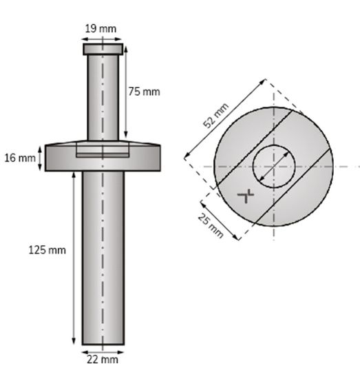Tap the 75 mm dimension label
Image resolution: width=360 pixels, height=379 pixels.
point(144,92)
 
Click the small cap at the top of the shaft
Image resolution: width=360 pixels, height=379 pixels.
point(103,50)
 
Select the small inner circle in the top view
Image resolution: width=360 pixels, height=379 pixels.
point(274,167)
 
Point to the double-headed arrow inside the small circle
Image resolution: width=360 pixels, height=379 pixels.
point(273,167)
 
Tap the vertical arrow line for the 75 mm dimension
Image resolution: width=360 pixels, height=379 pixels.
point(125,93)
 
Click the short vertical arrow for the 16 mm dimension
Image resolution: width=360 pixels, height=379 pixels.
point(41,158)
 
